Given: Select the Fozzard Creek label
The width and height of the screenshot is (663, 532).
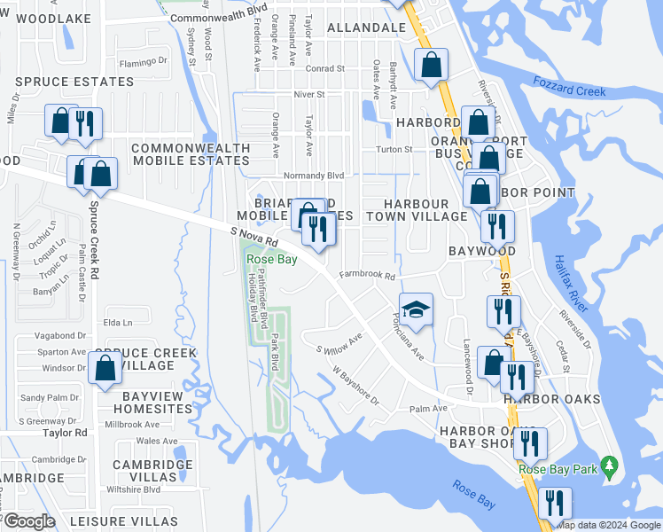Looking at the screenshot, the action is tap(570, 85).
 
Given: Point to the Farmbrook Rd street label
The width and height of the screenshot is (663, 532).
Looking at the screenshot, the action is tap(366, 275).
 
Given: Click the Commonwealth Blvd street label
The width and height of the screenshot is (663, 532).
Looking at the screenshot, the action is tap(206, 18).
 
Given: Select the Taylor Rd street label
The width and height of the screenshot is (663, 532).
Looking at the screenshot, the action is tap(67, 433).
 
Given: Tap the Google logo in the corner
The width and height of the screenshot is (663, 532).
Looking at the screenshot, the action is tap(30, 520).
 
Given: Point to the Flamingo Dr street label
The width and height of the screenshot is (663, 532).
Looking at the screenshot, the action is tap(144, 62).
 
